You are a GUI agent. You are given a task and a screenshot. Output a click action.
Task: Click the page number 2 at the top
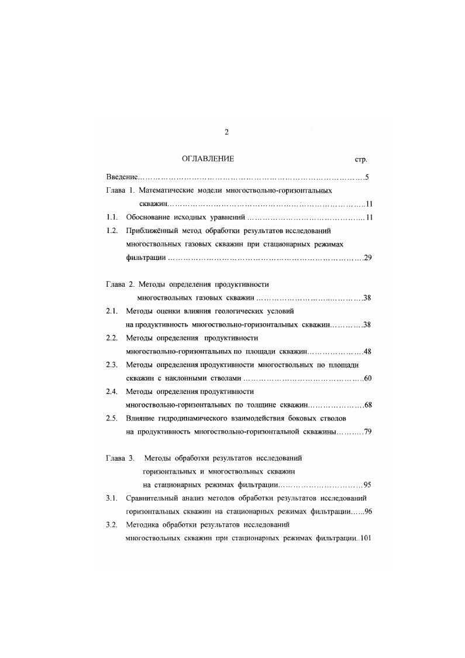pyautogui.click(x=226, y=132)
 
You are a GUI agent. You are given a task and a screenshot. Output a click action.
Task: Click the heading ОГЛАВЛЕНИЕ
pyautogui.click(x=208, y=159)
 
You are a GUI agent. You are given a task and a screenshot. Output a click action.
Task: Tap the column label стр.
pyautogui.click(x=361, y=160)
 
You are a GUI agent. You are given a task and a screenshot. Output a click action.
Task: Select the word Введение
pyautogui.click(x=122, y=177)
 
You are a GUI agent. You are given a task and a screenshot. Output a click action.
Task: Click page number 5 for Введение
pyautogui.click(x=367, y=177)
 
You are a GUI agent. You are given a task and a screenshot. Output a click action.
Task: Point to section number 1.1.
pyautogui.click(x=112, y=218)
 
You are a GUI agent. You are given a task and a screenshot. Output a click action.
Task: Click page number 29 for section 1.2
pyautogui.click(x=368, y=258)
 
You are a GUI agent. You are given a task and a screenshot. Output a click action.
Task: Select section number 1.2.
pyautogui.click(x=112, y=231)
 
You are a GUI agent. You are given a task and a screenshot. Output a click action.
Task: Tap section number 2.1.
pyautogui.click(x=112, y=311)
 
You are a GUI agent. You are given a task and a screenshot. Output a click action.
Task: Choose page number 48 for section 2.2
pyautogui.click(x=368, y=351)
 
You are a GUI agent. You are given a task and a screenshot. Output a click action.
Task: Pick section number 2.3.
pyautogui.click(x=112, y=365)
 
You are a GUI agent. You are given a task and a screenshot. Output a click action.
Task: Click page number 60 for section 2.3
pyautogui.click(x=368, y=378)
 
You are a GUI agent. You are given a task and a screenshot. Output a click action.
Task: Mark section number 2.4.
pyautogui.click(x=112, y=392)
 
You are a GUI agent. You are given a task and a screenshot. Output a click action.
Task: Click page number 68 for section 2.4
pyautogui.click(x=368, y=405)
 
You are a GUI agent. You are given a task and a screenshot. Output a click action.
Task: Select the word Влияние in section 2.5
pyautogui.click(x=142, y=419)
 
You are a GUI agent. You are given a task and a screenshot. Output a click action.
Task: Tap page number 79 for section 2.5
pyautogui.click(x=368, y=432)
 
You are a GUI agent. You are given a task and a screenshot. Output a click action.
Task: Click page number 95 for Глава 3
pyautogui.click(x=368, y=485)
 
